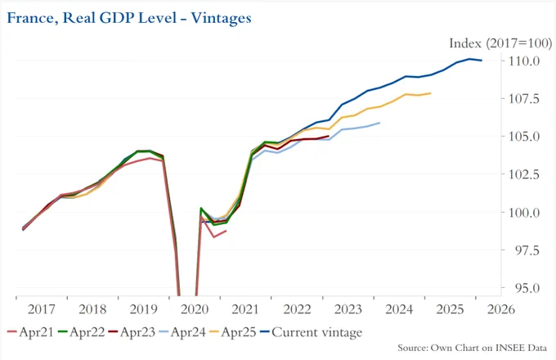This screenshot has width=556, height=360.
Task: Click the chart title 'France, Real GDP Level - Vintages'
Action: [x=129, y=18]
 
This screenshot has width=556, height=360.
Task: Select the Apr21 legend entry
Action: [x=30, y=332]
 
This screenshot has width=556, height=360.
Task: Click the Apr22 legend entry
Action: [x=81, y=332]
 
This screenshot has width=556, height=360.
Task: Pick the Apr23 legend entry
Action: [x=132, y=332]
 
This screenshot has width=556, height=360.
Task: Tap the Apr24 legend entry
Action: [x=182, y=332]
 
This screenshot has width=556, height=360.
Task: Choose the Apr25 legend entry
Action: [x=233, y=332]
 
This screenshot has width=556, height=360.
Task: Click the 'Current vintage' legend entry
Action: [x=312, y=332]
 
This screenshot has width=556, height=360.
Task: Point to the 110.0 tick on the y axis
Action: [x=524, y=61]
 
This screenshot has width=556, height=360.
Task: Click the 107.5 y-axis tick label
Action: [x=524, y=99]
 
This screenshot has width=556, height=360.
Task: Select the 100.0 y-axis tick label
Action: [x=524, y=213]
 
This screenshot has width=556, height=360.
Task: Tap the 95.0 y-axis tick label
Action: [x=527, y=288]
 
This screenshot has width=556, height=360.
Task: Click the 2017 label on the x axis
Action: [x=42, y=309]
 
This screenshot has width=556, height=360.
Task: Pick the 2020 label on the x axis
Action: [x=195, y=309]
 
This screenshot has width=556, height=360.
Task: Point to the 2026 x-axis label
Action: [x=501, y=309]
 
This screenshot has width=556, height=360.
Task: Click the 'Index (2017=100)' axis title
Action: [x=500, y=43]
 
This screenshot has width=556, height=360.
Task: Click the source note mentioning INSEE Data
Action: [x=472, y=348]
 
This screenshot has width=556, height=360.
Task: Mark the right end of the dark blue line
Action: [x=482, y=61]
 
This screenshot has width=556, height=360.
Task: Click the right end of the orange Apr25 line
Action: [x=430, y=93]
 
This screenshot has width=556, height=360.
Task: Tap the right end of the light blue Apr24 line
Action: [x=379, y=123]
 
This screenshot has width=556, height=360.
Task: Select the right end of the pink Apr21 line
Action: [x=226, y=231]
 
